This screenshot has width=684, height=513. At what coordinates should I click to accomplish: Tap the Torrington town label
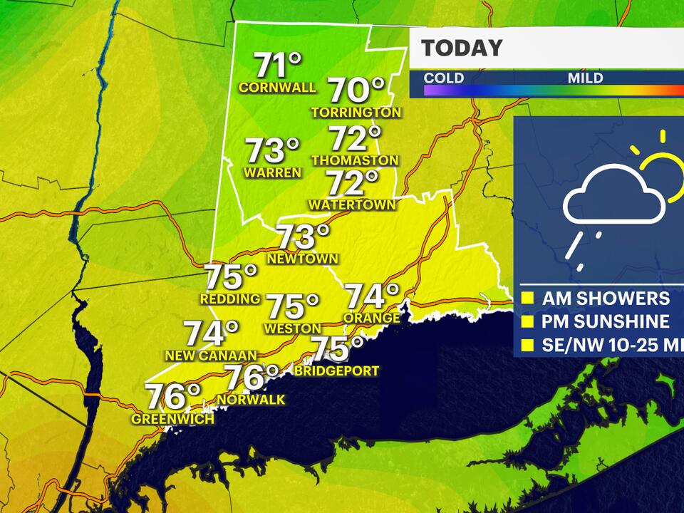click(356, 112)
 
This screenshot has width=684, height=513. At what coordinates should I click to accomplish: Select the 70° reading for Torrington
click(356, 90)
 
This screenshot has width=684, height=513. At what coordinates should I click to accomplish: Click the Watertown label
click(352, 204)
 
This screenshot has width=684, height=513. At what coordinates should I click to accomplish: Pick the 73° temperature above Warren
click(272, 151)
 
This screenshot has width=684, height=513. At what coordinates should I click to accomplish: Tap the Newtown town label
click(303, 258)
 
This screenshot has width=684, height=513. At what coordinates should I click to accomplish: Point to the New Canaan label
click(210, 355)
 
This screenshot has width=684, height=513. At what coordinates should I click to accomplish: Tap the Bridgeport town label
click(336, 370)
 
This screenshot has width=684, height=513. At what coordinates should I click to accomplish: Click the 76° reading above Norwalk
click(252, 377)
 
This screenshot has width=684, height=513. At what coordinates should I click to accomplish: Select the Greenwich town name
click(172, 419)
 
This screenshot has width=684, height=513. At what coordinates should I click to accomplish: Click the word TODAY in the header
click(462, 48)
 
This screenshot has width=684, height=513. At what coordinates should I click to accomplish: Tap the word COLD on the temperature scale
click(444, 78)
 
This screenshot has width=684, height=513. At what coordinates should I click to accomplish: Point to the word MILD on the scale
click(585, 78)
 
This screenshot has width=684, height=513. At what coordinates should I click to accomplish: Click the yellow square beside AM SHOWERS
click(528, 299)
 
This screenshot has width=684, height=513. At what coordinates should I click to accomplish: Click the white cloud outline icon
click(613, 199)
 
